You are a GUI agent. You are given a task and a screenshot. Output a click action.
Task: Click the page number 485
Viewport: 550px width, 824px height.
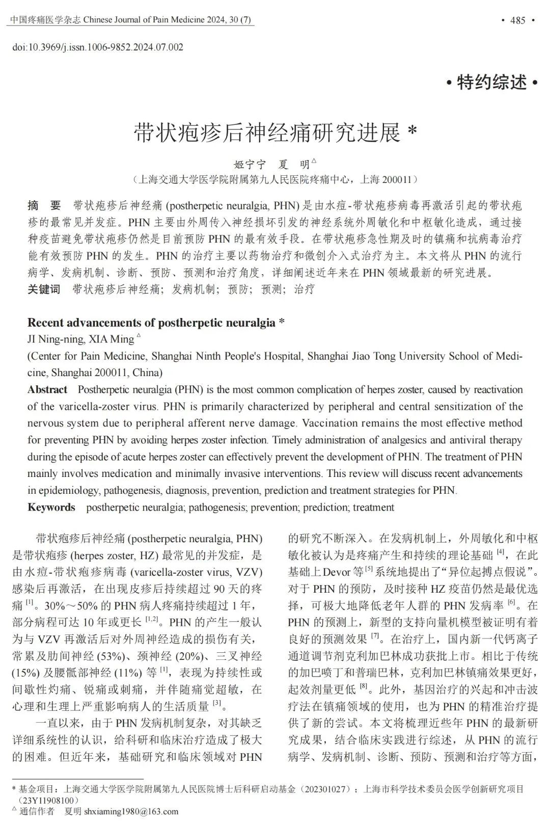[x=517, y=20]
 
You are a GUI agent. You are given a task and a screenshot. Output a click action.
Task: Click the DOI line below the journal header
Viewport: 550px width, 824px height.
[x=97, y=47]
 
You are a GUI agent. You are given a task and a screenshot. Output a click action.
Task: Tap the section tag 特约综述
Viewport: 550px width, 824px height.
[x=492, y=82]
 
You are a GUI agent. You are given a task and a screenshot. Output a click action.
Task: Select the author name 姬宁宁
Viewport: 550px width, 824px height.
[x=250, y=165]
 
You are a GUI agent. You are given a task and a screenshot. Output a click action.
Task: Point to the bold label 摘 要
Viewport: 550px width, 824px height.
[x=44, y=206]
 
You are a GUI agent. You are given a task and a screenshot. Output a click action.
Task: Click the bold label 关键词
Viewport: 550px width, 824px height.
[x=44, y=289]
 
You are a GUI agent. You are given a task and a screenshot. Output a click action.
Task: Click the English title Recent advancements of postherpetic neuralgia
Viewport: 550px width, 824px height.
[x=151, y=323]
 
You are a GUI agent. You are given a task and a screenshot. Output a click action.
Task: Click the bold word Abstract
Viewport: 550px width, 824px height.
[x=47, y=390]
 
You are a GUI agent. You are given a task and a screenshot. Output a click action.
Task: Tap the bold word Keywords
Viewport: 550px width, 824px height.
[x=51, y=508]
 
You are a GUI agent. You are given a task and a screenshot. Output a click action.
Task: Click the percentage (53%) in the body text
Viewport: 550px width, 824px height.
[x=133, y=656]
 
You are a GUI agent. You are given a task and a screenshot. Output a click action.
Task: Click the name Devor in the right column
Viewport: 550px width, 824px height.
[x=337, y=572]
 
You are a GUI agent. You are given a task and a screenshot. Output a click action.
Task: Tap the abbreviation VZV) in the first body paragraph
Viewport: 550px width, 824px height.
[x=248, y=572]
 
